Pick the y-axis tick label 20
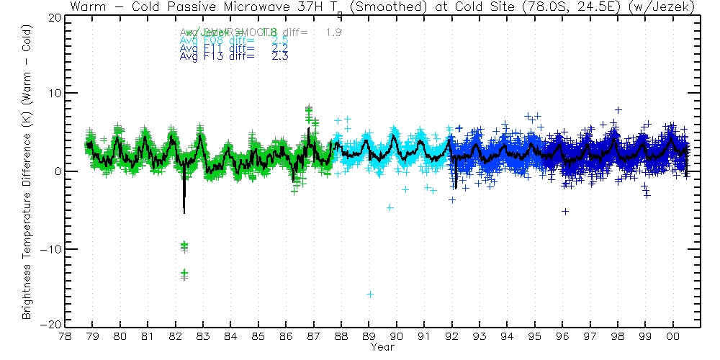pyautogui.click(x=53, y=17)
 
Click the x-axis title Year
pyautogui.click(x=382, y=347)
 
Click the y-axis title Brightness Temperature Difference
pyautogui.click(x=26, y=171)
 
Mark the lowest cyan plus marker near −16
pyautogui.click(x=370, y=294)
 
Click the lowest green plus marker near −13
pyautogui.click(x=185, y=273)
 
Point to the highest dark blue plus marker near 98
pyautogui.click(x=618, y=110)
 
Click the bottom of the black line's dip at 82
pyautogui.click(x=184, y=212)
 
